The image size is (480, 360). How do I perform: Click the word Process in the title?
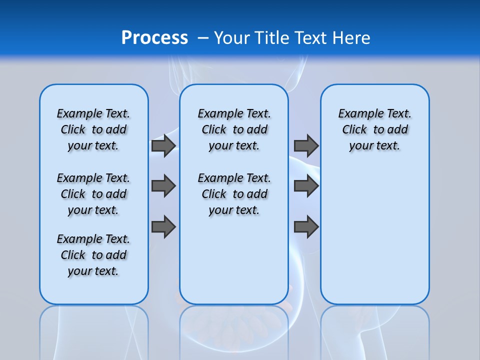154,37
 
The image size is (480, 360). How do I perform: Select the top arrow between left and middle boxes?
163,145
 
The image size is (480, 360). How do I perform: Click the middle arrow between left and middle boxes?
163,186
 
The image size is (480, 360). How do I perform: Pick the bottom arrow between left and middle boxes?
163,227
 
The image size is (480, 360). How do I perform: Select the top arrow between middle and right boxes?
306,145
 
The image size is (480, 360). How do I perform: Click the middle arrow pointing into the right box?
306,186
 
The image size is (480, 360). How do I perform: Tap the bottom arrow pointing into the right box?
306,227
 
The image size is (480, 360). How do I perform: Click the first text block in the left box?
93,129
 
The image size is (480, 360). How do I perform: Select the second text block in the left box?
93,194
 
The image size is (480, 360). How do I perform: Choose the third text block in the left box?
93,255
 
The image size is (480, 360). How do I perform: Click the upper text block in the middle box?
234,129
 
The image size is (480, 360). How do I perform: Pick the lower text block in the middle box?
234,194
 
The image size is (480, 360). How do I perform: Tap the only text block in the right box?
374,129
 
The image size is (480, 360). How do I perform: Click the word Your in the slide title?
232,37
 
